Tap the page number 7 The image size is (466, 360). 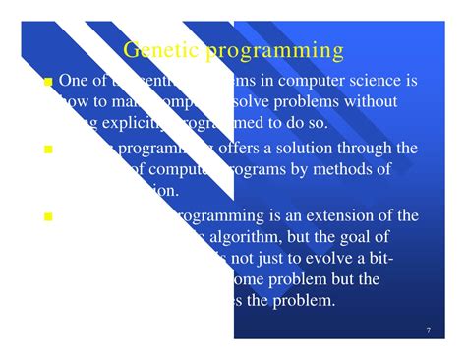429,329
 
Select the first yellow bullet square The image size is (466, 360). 48,83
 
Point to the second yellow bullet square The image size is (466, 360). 48,150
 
